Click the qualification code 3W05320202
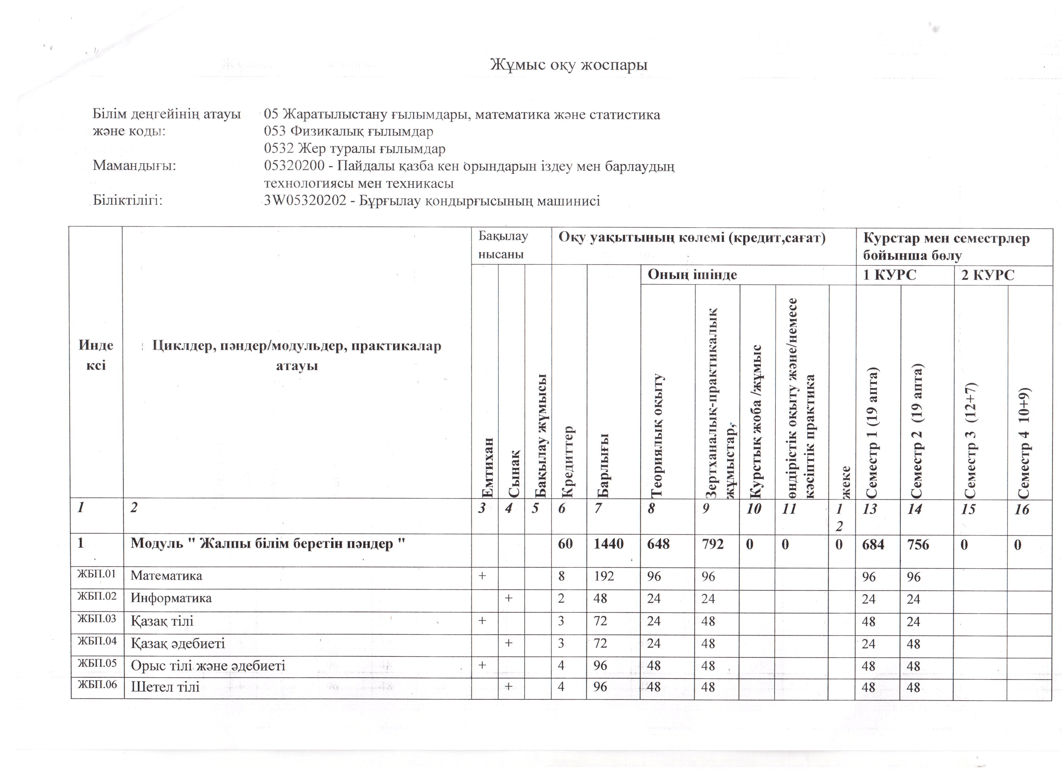point(305,201)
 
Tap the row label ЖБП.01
point(97,574)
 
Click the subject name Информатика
point(171,598)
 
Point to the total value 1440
point(609,544)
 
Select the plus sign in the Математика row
point(482,575)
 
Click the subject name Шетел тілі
point(165,687)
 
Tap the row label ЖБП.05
point(97,663)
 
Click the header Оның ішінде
point(692,275)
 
